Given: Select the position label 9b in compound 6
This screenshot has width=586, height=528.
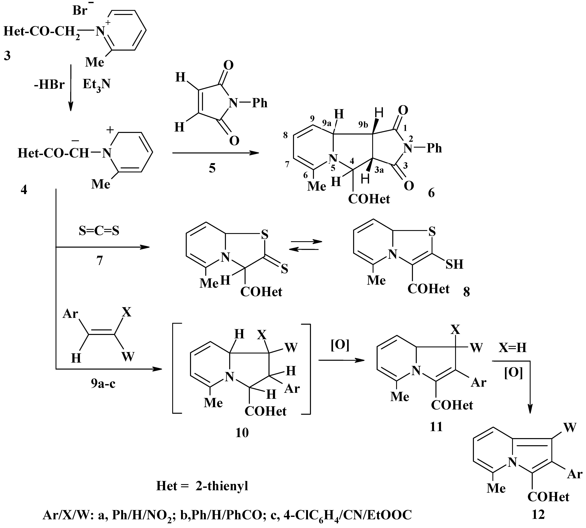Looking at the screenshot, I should [363, 125].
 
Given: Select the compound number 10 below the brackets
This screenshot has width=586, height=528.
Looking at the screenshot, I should [242, 433].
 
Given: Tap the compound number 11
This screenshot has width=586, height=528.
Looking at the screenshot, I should [436, 426].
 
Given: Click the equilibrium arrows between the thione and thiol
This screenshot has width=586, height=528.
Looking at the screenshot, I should [306, 245].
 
